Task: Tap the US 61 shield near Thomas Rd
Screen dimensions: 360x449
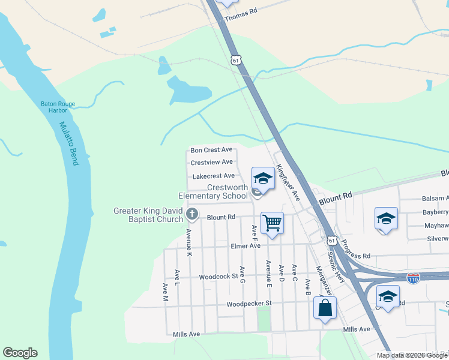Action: click(236, 60)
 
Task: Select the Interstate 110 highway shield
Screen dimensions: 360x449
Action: click(413, 278)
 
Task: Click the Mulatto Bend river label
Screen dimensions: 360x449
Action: click(68, 145)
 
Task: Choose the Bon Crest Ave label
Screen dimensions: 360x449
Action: click(211, 150)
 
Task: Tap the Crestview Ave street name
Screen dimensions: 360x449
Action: click(211, 163)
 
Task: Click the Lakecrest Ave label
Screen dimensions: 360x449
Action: click(213, 176)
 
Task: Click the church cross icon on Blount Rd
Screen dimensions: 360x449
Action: click(192, 214)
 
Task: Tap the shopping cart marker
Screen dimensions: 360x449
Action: click(272, 223)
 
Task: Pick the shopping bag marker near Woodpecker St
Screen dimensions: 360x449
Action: click(325, 308)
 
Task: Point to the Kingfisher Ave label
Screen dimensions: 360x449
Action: click(287, 182)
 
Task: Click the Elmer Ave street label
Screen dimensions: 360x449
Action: click(246, 246)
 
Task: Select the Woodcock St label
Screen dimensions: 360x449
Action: click(219, 277)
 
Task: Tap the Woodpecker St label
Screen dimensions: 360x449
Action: click(249, 304)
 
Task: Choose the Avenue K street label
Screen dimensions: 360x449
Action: click(188, 243)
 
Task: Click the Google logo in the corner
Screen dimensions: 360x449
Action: click(20, 353)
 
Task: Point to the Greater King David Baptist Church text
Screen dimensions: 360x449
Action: click(148, 215)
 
